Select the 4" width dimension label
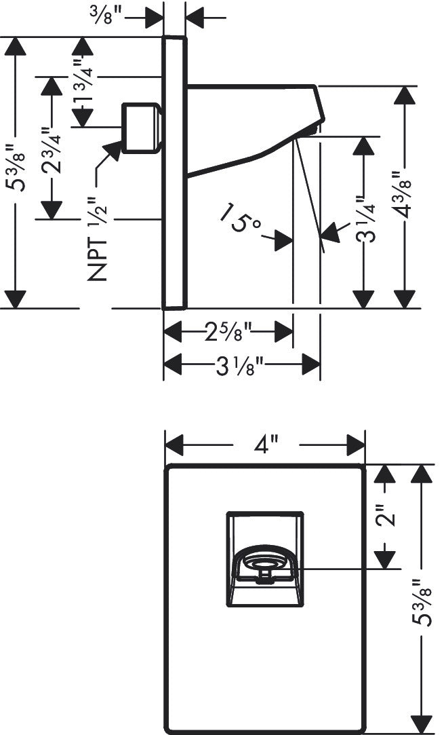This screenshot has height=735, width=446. (266, 446)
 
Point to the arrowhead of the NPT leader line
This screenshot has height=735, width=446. (113, 149)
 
